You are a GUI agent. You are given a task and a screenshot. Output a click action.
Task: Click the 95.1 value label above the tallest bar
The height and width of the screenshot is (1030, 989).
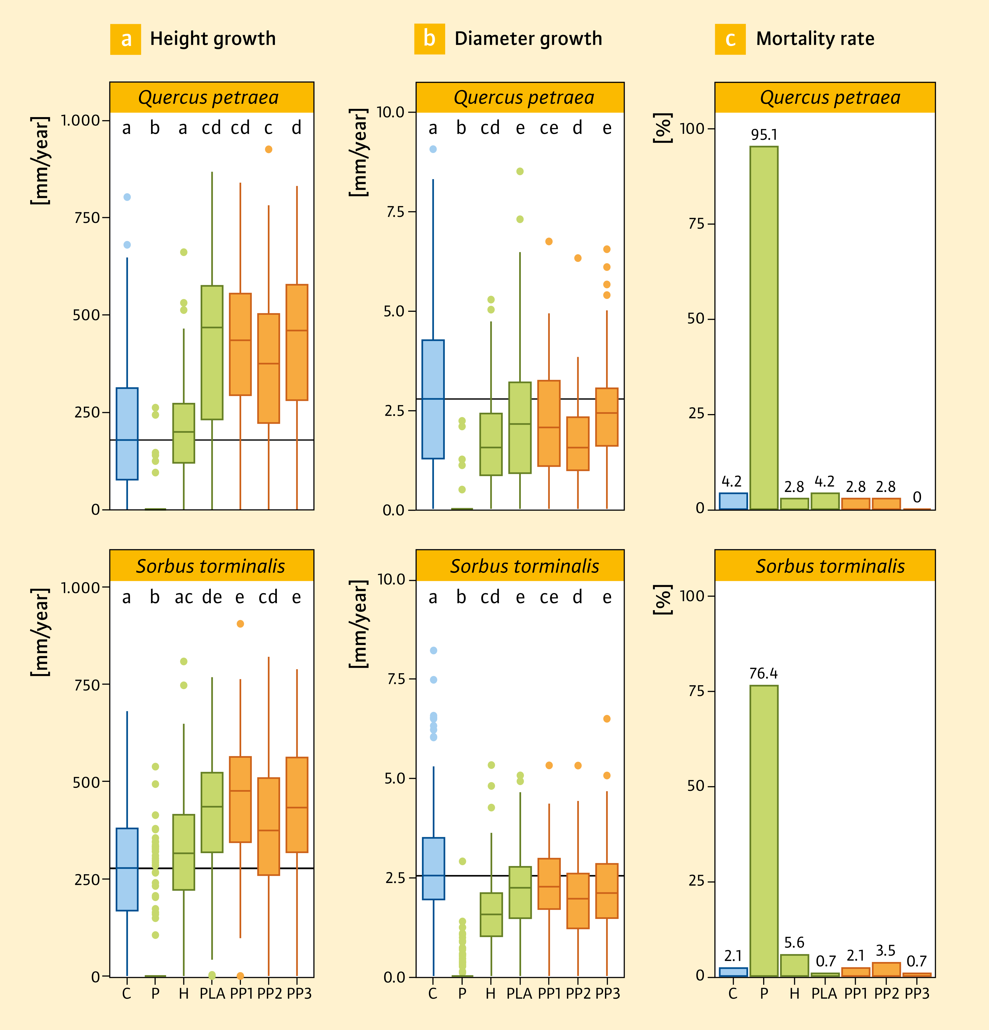tap(764, 135)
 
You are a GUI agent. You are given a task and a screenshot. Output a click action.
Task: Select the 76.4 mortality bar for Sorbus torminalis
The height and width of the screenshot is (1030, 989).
tap(764, 830)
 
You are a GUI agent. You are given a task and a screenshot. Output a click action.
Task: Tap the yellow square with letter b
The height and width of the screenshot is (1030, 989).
tap(430, 39)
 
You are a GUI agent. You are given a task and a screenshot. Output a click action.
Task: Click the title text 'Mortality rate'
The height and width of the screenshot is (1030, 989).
tap(815, 39)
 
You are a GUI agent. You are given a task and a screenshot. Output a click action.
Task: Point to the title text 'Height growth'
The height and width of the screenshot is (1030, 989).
tap(213, 39)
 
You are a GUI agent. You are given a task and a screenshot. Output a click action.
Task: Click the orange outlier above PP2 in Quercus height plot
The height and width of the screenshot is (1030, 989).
tap(268, 149)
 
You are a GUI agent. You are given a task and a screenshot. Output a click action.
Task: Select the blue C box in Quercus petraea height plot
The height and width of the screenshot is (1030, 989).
tap(127, 434)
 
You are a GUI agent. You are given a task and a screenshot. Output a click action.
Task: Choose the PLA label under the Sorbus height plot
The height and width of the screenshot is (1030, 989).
tap(212, 993)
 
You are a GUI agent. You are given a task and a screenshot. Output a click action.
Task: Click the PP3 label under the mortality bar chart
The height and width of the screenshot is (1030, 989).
tap(917, 993)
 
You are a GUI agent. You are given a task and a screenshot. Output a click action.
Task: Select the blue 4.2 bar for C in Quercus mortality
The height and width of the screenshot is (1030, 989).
tap(733, 501)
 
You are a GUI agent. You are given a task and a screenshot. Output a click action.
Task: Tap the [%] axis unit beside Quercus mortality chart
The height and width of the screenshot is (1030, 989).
tap(663, 128)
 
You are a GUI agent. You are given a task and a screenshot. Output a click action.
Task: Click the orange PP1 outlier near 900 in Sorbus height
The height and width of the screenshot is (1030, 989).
tap(240, 624)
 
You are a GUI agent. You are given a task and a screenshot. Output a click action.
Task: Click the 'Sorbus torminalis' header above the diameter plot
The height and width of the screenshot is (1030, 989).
tap(524, 566)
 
